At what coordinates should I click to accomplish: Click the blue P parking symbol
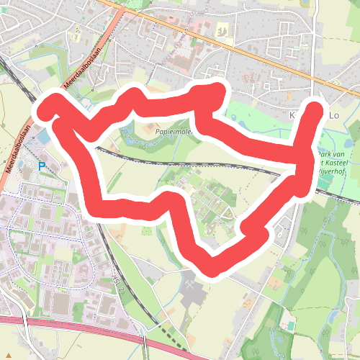coord(41,166)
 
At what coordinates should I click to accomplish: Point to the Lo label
coord(333,115)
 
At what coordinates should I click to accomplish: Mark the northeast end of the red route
coord(315,109)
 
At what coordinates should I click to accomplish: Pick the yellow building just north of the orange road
coord(222,30)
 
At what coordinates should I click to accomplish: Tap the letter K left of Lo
coord(293,115)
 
